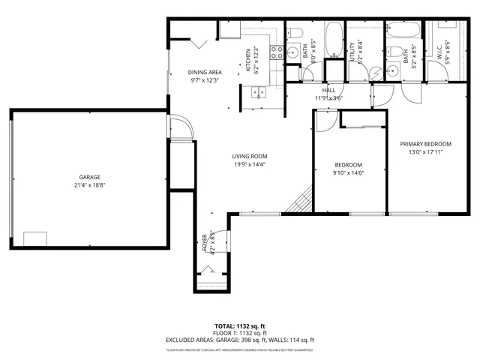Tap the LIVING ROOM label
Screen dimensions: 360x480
[249, 156]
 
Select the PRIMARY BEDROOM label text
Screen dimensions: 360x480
[425, 144]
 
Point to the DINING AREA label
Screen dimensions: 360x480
[203, 72]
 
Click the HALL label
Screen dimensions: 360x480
[328, 90]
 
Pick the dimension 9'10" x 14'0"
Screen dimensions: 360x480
[348, 172]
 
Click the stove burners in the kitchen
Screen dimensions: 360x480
[274, 52]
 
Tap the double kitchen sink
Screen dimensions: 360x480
[259, 93]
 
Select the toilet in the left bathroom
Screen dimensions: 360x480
[293, 33]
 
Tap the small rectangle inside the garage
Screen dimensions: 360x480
[34, 238]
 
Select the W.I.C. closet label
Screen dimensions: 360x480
[440, 52]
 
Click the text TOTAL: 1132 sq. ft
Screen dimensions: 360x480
[239, 326]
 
